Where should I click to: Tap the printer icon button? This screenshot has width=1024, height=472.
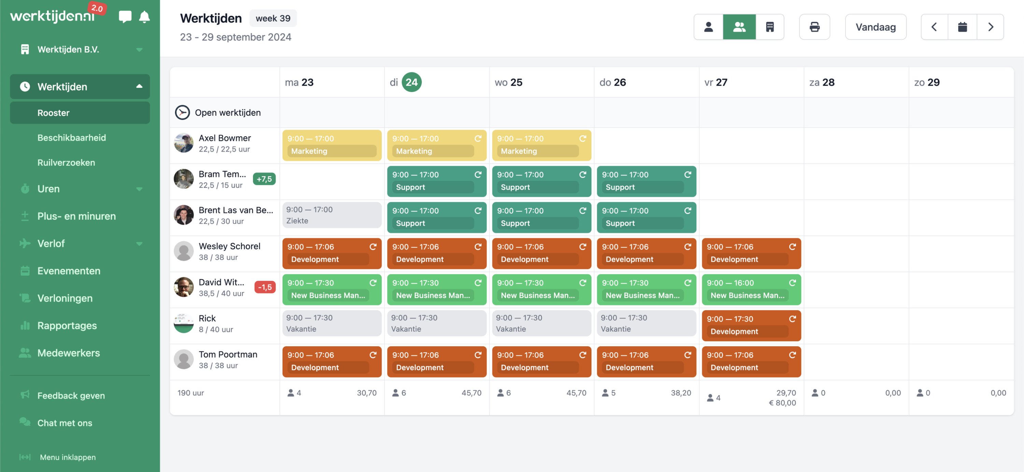click(814, 27)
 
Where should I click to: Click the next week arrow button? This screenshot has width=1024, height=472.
click(990, 27)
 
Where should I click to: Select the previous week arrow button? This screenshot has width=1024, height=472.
click(934, 27)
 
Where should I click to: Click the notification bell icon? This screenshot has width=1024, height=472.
click(144, 17)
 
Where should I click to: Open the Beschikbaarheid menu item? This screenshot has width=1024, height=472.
click(72, 137)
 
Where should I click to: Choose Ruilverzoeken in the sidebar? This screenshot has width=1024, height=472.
click(66, 162)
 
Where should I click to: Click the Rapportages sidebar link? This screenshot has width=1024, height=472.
click(67, 325)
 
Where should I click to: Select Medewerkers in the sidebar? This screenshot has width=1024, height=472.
click(68, 353)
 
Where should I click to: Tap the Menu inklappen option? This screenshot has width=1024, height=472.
click(67, 457)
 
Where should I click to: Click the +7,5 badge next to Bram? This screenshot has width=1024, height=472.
click(264, 179)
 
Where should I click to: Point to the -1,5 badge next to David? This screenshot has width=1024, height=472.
click(265, 287)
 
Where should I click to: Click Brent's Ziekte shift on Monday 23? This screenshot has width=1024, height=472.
click(331, 215)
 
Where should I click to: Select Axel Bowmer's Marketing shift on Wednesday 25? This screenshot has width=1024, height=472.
click(541, 145)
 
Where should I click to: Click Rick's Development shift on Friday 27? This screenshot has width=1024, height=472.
click(751, 325)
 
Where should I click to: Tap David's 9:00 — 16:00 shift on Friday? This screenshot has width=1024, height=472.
click(751, 289)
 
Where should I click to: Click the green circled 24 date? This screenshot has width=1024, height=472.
click(411, 82)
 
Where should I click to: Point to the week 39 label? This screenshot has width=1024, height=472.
click(273, 18)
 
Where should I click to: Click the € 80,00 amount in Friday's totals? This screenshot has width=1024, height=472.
click(782, 403)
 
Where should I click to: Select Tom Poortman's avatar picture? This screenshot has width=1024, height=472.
click(184, 359)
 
